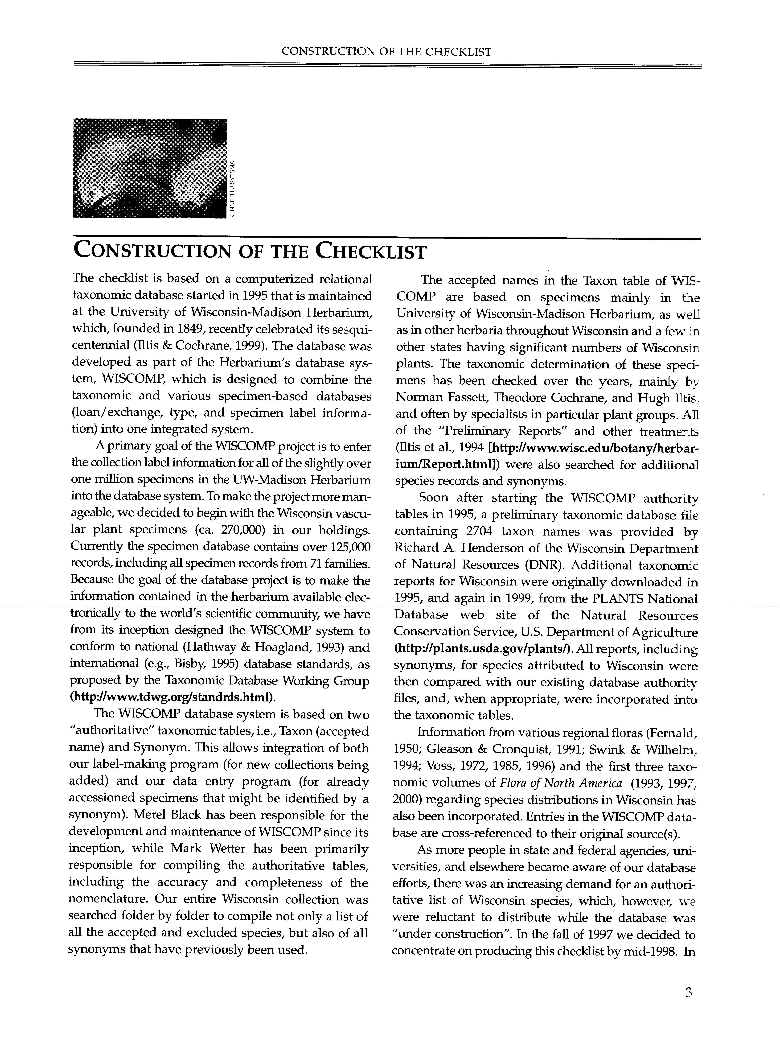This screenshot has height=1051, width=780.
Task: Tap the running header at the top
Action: pyautogui.click(x=386, y=51)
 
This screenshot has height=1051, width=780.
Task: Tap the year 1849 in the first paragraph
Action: pyautogui.click(x=214, y=329)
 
